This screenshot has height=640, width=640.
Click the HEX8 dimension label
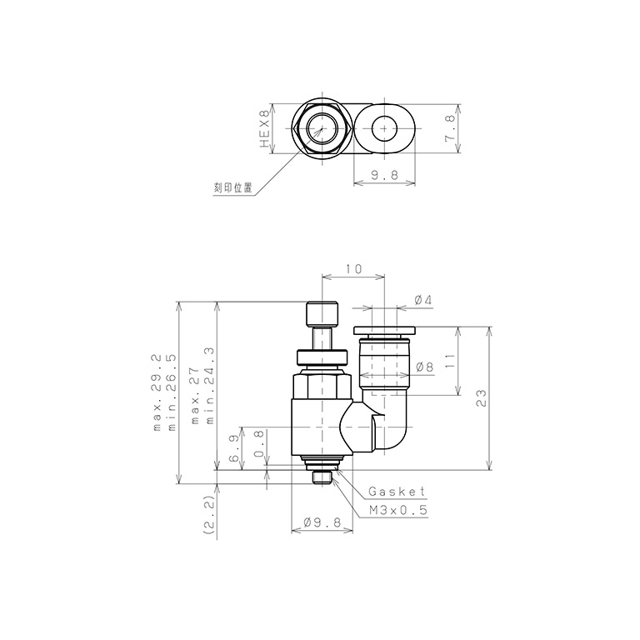[x=265, y=128]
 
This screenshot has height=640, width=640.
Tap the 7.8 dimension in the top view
[x=450, y=128]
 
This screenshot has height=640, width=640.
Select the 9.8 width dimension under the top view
[x=384, y=175]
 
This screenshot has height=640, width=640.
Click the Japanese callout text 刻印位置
[x=233, y=187]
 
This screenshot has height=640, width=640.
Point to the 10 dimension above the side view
[x=353, y=269]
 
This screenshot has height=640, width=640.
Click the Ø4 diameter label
[x=422, y=300]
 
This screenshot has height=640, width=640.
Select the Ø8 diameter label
[x=424, y=367]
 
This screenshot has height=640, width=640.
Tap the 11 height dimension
[x=449, y=361]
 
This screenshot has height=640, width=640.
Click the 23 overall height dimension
[x=482, y=398]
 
